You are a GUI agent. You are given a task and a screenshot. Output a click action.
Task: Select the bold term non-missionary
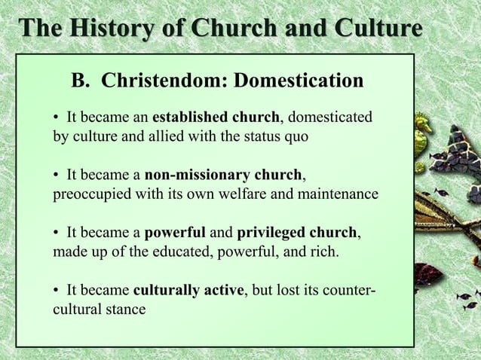(196, 175)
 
